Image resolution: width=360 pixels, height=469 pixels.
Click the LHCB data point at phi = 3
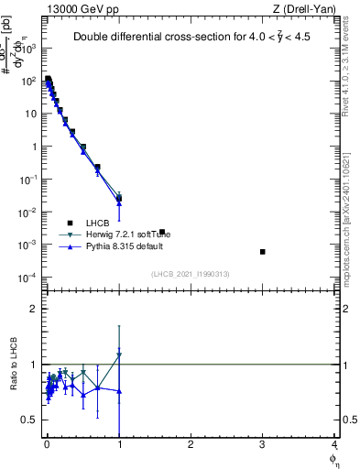point(263,251)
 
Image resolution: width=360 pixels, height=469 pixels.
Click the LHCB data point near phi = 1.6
point(162,232)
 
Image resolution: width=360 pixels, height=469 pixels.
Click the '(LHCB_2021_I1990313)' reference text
point(190,274)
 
